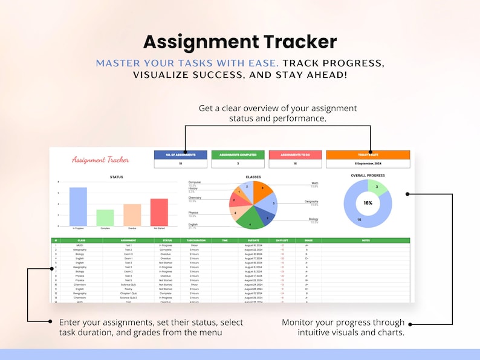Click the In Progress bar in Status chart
click(78, 207)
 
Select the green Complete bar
click(105, 217)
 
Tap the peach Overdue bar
click(132, 214)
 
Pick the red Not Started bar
click(159, 212)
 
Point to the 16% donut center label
click(368, 204)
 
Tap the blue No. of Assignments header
click(180, 155)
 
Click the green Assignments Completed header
click(238, 155)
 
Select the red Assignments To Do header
click(295, 155)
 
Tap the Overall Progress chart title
click(368, 176)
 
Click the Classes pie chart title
click(253, 177)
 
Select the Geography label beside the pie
click(311, 202)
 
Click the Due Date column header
click(254, 240)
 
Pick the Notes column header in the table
click(366, 240)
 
